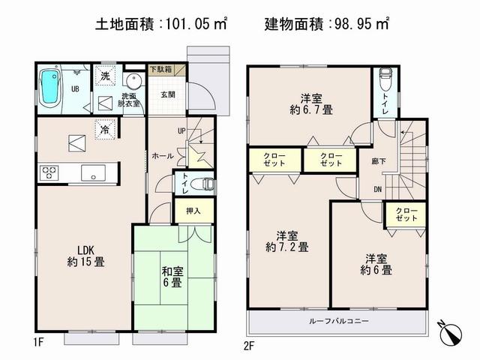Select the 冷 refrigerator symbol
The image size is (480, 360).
pos(104,129)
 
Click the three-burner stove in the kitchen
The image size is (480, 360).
pos(49,172)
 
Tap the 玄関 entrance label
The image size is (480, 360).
pos(167,94)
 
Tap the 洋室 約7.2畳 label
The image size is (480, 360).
pos(287,240)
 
